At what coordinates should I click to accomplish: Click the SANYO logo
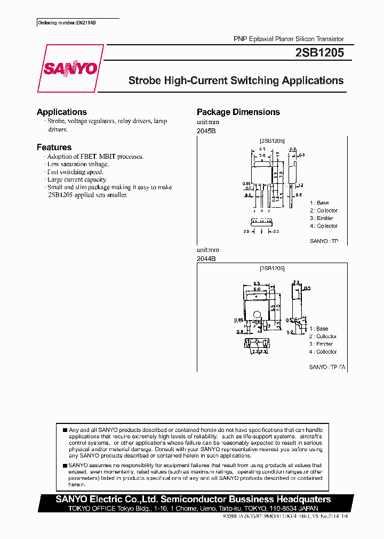coord(70,69)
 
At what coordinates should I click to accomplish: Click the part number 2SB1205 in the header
coord(319,53)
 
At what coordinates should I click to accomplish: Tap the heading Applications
coord(62,112)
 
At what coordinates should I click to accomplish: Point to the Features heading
coord(54,147)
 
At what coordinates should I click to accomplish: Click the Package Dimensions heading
coord(238,112)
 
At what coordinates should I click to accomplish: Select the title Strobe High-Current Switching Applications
coord(236,81)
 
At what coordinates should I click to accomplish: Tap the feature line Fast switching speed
coord(75,172)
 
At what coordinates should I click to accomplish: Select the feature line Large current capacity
coord(77,179)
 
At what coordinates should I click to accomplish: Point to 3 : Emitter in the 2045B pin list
coord(322,218)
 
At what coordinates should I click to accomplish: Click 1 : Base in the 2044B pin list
coord(319,329)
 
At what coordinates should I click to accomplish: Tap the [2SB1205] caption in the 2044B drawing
coord(272,268)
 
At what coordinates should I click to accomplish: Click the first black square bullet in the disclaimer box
coord(65,430)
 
